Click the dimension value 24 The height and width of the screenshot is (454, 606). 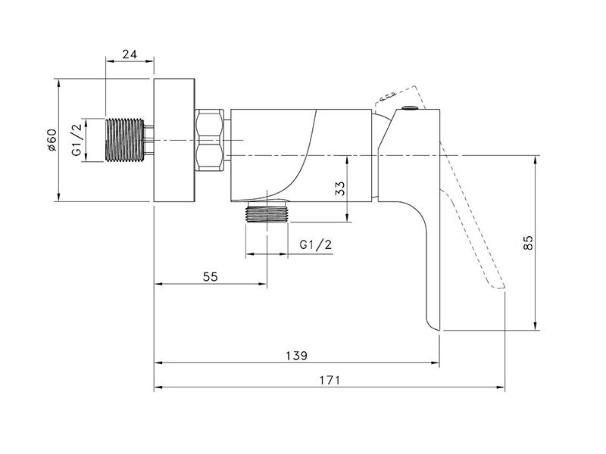click(130, 54)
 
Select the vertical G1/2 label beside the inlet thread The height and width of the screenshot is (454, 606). click(77, 140)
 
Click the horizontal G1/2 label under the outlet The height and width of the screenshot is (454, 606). click(316, 244)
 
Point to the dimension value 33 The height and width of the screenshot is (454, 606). click(339, 188)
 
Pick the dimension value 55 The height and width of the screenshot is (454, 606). click(211, 276)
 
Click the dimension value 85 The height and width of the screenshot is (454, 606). click(528, 242)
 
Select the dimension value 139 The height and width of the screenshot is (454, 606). click(296, 355)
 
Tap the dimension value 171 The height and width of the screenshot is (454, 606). click(330, 381)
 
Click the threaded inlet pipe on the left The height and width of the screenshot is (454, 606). click(124, 140)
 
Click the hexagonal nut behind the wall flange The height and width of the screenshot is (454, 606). click(209, 140)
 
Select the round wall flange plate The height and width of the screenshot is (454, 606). click(174, 140)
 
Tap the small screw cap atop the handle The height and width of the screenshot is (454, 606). click(409, 107)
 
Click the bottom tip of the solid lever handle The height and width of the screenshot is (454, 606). click(439, 330)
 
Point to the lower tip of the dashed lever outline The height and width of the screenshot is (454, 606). click(504, 288)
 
